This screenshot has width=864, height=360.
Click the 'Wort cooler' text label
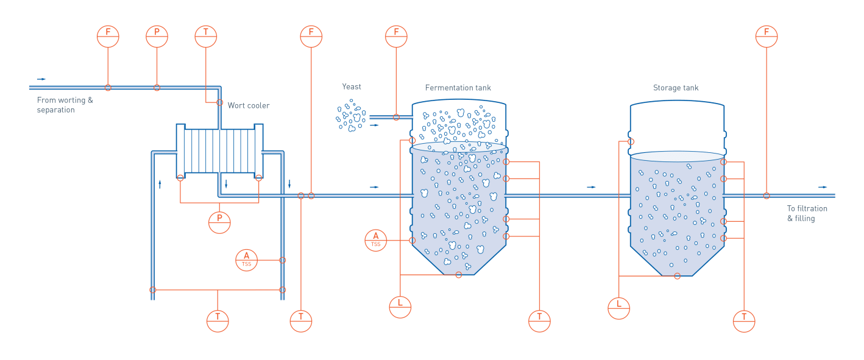pos(249,105)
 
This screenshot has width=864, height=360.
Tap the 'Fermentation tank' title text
pos(458,88)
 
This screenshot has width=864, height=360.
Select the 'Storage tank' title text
pos(675,88)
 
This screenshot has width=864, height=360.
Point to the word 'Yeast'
pos(352,87)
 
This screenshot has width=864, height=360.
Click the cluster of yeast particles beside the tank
pos(352,116)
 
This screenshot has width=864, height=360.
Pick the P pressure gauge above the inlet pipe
pos(157,36)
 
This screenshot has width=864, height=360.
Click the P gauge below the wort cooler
pos(219,222)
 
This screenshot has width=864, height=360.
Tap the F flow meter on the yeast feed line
pos(396,36)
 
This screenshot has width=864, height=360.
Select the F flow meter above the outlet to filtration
pos(767,36)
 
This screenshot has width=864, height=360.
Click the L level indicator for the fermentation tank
pos(400,306)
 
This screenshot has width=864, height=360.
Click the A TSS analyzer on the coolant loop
pos(247,260)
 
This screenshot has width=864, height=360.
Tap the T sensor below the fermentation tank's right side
pos(539,320)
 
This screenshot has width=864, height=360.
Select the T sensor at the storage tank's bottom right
pos(744,320)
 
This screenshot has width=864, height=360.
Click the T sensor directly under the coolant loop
pos(218,320)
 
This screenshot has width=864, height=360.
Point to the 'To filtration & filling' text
pos(807,213)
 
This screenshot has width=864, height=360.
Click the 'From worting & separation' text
pos(65,105)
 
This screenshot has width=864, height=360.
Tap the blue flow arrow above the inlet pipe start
pos(41,79)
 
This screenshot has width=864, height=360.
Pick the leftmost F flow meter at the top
pos(108,36)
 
